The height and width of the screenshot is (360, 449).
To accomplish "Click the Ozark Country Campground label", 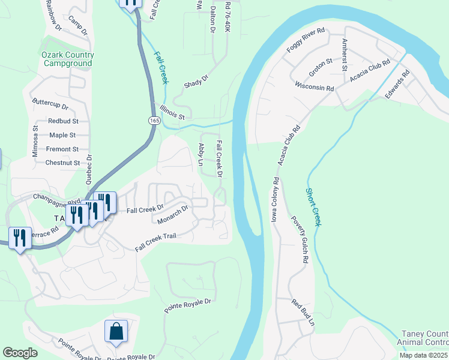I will (x=67, y=59).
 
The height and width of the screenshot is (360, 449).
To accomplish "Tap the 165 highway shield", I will (x=154, y=121).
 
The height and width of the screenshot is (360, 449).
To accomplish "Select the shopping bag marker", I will (x=116, y=332).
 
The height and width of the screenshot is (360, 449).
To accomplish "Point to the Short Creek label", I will (x=313, y=207).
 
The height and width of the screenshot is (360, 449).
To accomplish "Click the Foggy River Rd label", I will (x=306, y=40).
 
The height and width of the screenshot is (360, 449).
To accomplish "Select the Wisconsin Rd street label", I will (x=314, y=87).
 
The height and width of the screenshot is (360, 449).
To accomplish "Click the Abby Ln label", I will (x=201, y=154).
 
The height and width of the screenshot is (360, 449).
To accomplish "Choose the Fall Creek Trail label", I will (x=155, y=242).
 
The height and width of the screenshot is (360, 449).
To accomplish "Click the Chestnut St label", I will (x=62, y=163).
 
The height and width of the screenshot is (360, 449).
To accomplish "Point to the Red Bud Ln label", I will (x=303, y=313).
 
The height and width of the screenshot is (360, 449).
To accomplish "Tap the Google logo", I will (x=20, y=353).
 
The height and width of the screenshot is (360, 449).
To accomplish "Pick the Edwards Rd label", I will (x=397, y=85).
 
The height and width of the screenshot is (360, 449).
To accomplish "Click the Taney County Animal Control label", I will (x=423, y=338).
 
